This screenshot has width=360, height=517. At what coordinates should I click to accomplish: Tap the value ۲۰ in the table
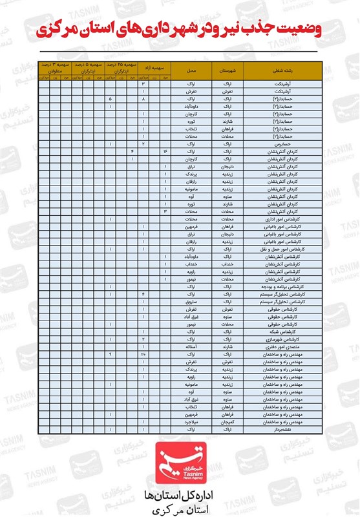143,354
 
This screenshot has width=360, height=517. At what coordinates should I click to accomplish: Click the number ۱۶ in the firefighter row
166,151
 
